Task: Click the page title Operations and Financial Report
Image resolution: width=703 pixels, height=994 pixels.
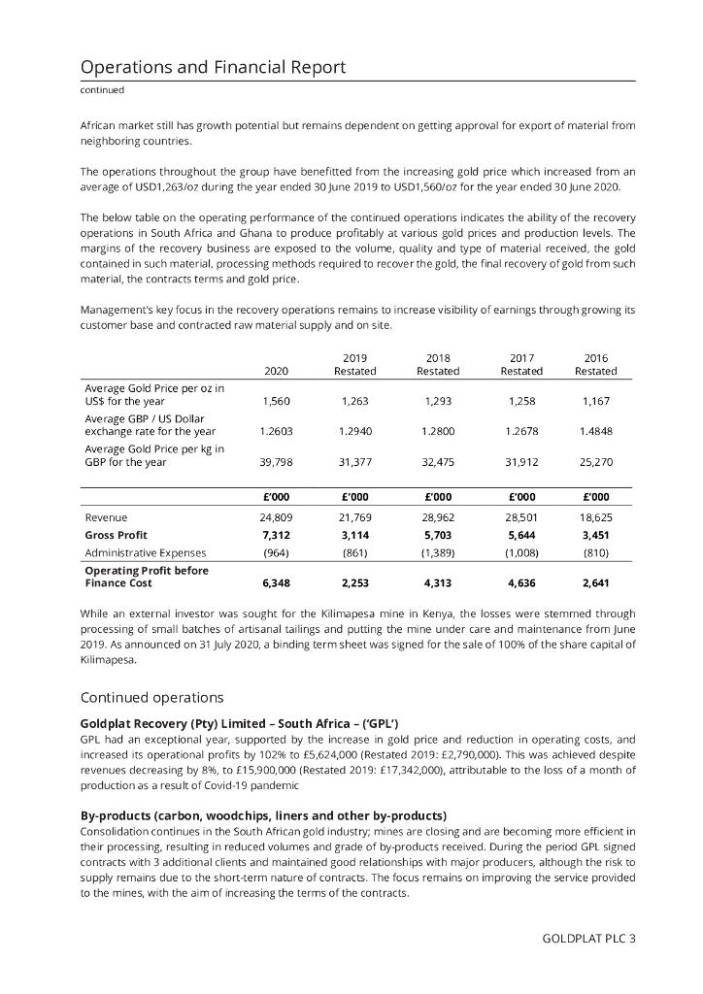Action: [213, 67]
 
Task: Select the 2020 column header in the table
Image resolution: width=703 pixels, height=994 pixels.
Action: [276, 371]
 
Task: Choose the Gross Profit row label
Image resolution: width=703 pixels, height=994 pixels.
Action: [116, 534]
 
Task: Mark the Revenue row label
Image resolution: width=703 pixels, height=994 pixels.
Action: [106, 517]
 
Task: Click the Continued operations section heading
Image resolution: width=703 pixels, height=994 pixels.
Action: [151, 697]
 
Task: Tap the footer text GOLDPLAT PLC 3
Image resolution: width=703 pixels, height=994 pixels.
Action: [589, 938]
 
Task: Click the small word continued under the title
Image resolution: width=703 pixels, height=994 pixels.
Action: [102, 90]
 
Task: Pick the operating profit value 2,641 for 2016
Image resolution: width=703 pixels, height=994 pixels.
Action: [595, 583]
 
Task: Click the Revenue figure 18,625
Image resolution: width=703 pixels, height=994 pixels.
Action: [595, 517]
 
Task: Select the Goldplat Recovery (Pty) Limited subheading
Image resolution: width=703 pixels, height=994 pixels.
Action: [241, 723]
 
